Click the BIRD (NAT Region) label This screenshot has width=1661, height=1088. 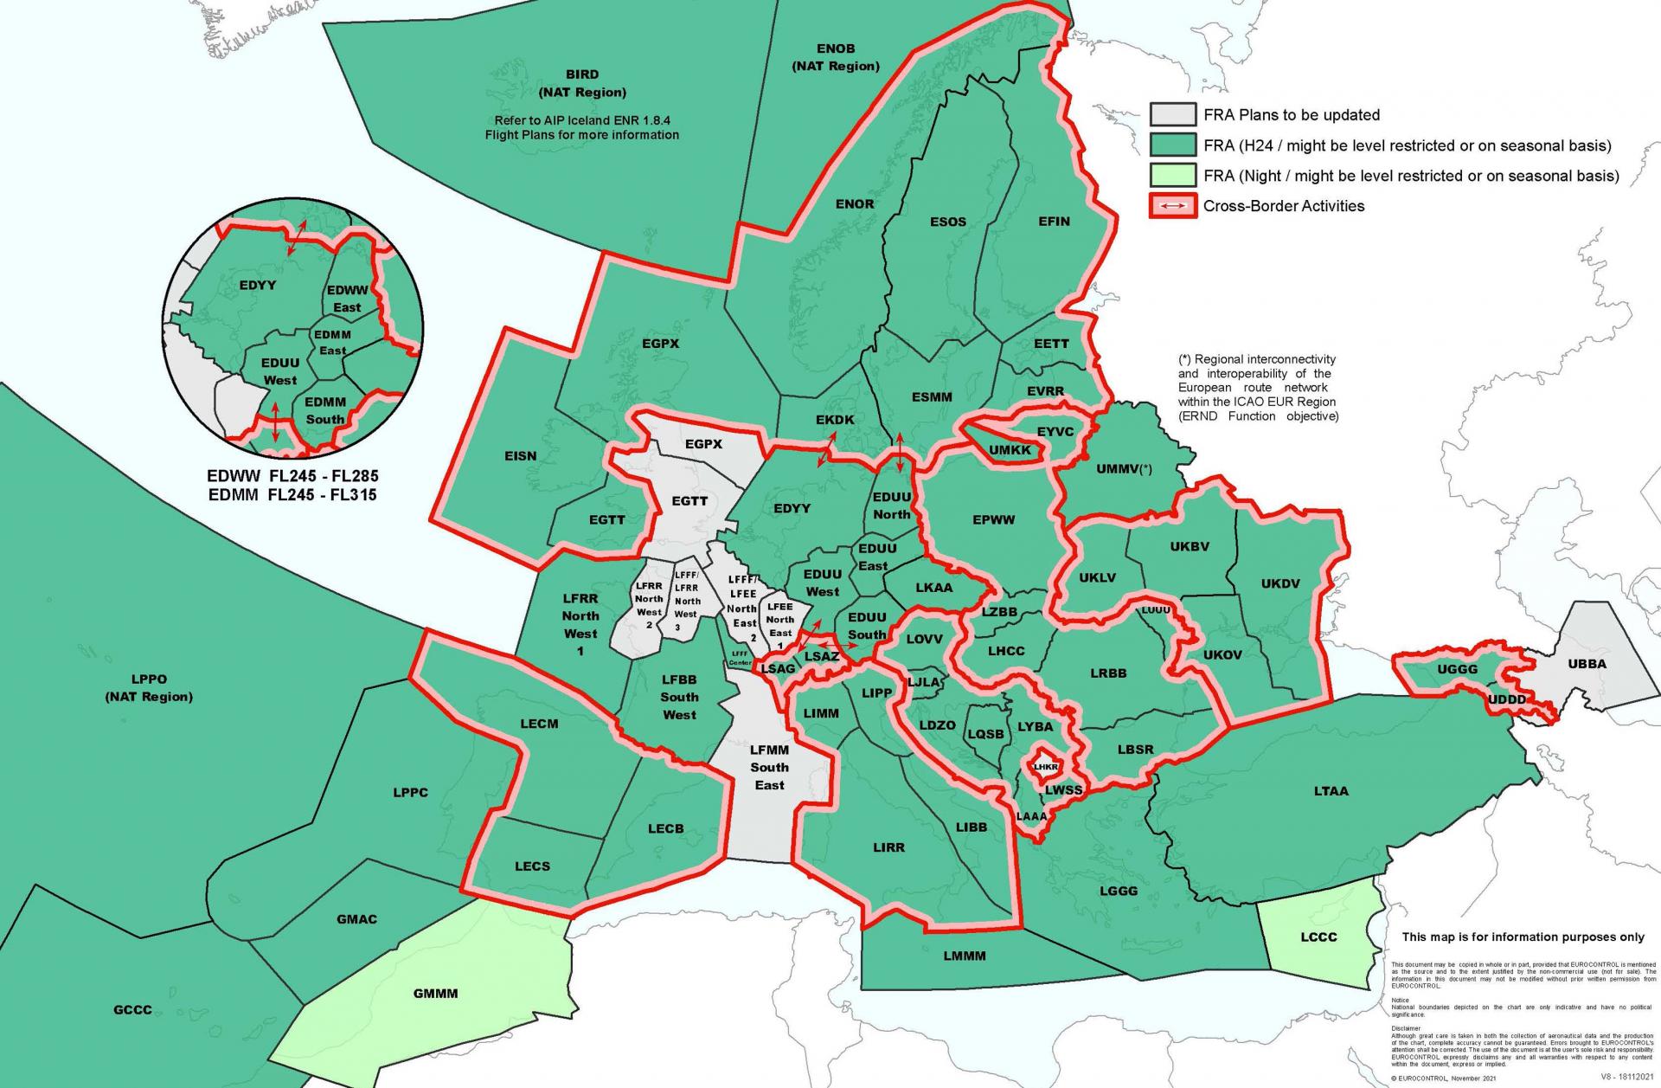point(581,83)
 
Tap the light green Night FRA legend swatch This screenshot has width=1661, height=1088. point(1172,176)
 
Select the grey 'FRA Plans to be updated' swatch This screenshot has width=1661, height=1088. point(1172,115)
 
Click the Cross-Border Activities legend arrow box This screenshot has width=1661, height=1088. point(1172,206)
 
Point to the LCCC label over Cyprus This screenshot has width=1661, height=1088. point(1318,937)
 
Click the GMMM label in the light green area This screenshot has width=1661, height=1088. point(435,994)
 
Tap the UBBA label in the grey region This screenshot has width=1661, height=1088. point(1587,664)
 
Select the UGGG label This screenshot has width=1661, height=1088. point(1458,670)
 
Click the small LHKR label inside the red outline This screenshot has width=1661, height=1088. point(1046,767)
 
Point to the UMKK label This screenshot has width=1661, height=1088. point(1010,450)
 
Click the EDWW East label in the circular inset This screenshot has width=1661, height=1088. point(347,299)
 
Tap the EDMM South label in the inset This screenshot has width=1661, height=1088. point(324,410)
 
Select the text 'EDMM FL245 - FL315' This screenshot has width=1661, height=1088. point(292,495)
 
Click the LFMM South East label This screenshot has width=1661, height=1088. point(769,767)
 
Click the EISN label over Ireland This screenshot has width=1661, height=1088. point(520,456)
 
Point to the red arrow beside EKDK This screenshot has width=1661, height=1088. point(826,449)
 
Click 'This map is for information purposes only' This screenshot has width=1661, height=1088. point(1523,937)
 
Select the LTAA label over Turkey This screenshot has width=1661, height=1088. point(1331,791)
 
